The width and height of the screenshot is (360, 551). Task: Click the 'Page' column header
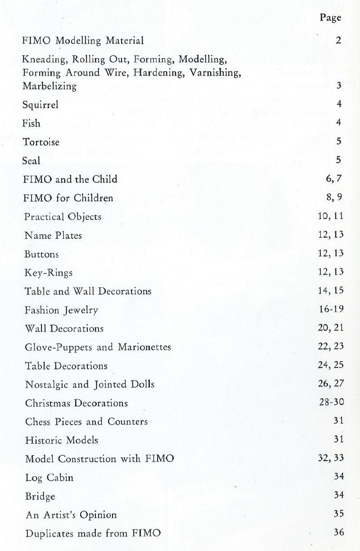tap(330, 18)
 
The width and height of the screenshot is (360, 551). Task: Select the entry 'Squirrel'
tap(40, 105)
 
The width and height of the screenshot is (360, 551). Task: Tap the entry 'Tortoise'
tap(41, 142)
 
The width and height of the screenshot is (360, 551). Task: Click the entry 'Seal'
tap(32, 161)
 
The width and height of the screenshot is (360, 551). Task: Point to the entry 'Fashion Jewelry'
tap(61, 310)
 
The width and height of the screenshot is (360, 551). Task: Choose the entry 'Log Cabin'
tap(49, 478)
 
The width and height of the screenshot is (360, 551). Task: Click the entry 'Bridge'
tap(40, 496)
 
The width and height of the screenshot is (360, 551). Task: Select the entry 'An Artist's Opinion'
tap(70, 515)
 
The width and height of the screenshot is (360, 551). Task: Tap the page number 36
tap(337, 533)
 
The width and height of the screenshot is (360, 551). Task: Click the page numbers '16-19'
tap(330, 309)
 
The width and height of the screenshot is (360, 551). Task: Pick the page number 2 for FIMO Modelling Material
tap(338, 40)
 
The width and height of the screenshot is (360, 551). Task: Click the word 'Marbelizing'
tap(50, 86)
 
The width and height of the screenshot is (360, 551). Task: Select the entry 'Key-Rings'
tap(49, 272)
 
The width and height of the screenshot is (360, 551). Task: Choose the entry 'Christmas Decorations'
tap(76, 403)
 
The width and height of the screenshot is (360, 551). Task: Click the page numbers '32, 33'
tap(330, 459)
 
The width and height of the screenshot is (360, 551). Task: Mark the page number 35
tap(337, 514)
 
